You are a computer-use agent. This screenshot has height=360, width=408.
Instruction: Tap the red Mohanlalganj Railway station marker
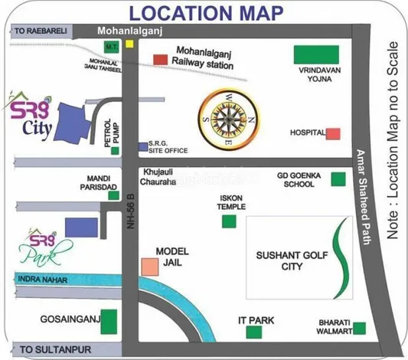pos(161,59)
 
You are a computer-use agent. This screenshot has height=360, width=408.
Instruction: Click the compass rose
pos(228,118)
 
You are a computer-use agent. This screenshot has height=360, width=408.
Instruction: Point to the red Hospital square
pos(333,133)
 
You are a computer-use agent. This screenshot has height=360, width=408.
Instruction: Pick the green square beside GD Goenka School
pos(338,179)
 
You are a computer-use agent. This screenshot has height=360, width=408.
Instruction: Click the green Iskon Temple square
pos(228,221)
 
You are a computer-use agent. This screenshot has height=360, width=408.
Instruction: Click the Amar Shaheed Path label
pos(364,198)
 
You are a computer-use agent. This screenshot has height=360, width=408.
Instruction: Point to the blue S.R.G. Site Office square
pos(142,146)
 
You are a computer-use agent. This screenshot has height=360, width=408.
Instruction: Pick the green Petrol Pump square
pos(115,151)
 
